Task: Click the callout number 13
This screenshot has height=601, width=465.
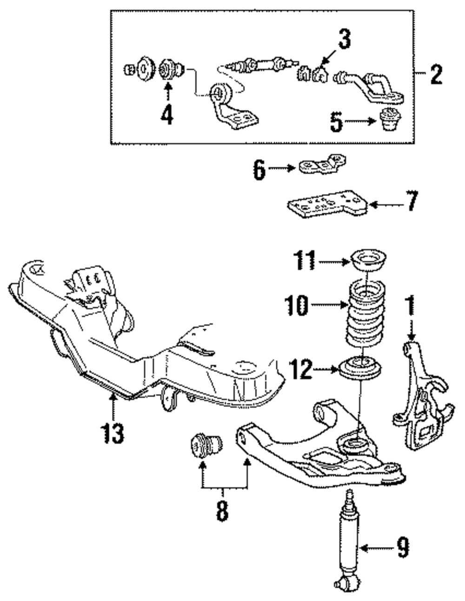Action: point(112,433)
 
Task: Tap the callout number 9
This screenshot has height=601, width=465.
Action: point(403,548)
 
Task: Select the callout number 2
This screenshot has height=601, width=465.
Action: point(436,74)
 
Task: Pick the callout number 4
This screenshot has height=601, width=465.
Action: point(166,114)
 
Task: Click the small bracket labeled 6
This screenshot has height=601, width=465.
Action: point(323,165)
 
